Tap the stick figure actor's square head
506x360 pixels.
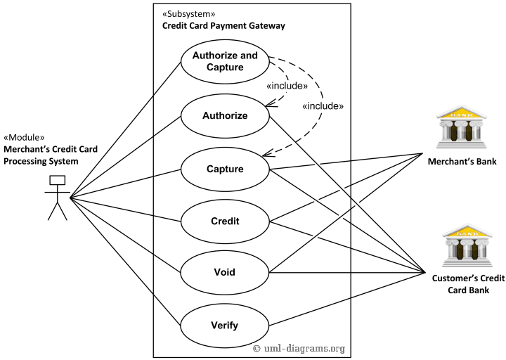point(56,181)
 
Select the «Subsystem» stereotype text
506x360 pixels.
point(188,14)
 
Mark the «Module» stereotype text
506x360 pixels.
point(25,137)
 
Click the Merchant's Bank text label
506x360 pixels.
point(462,162)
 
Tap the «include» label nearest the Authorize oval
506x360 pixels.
point(287,86)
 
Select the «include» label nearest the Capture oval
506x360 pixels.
point(322,106)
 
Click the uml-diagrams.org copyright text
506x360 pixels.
point(299,348)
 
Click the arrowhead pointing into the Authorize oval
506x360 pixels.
point(267,106)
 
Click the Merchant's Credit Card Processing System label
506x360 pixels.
point(51,155)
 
